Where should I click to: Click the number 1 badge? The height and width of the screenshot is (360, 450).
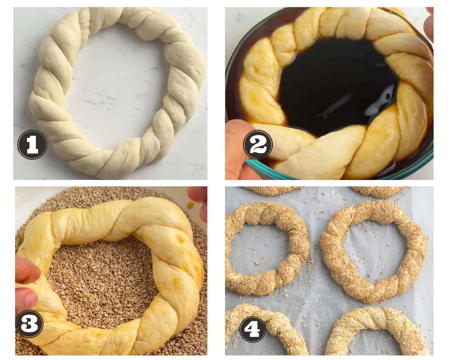point(32,145)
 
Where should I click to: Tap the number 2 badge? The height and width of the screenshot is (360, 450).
point(258,145)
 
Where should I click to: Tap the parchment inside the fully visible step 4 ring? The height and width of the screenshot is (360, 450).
point(374,251)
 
